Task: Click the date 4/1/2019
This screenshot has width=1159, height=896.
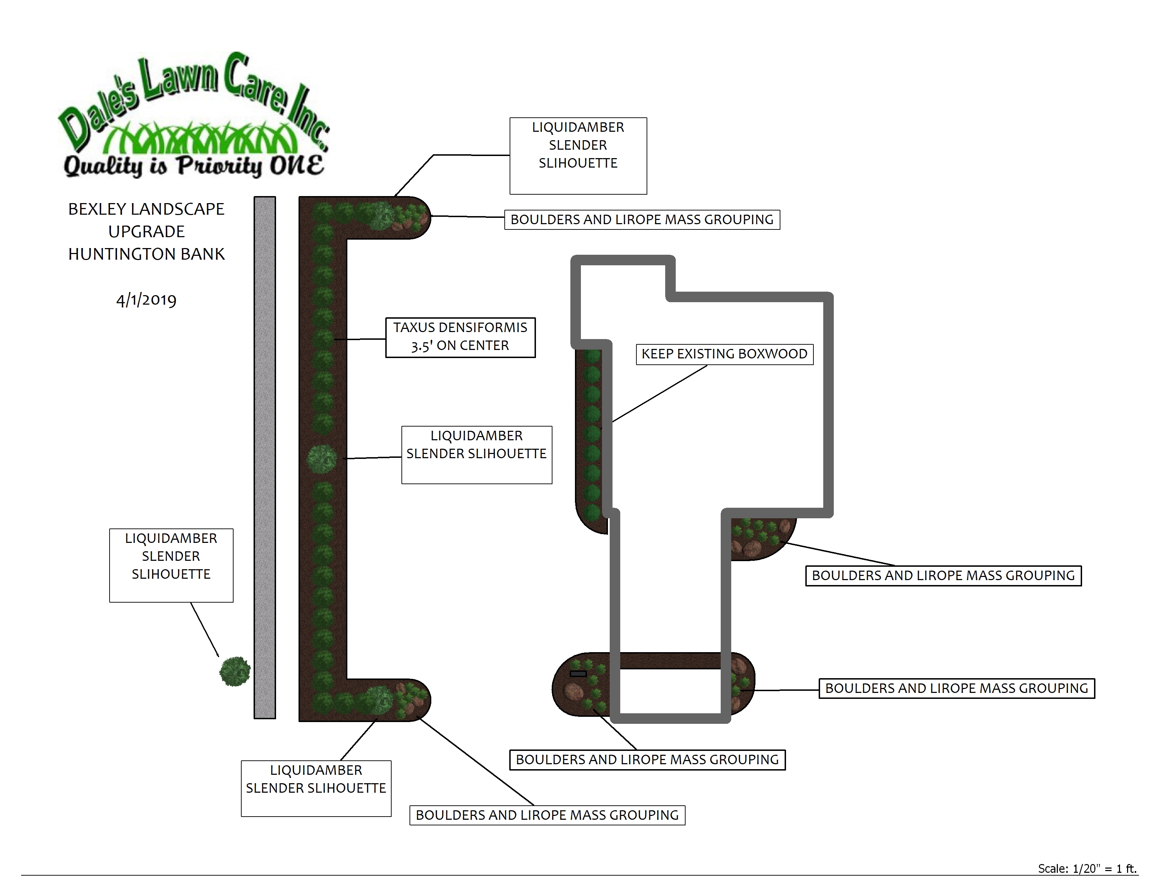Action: (x=146, y=300)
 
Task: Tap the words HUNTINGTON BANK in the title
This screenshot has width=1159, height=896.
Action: (x=146, y=254)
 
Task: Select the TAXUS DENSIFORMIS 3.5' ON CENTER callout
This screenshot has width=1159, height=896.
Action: (x=460, y=337)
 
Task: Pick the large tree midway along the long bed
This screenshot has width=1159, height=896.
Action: (x=322, y=458)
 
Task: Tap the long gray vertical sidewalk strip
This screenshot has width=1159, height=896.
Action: (x=265, y=456)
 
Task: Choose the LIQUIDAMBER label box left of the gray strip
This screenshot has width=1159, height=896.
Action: (x=171, y=564)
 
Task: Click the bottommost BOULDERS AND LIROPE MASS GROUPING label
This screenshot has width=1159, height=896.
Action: (x=547, y=815)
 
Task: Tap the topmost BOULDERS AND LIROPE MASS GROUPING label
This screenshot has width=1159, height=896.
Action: (x=642, y=220)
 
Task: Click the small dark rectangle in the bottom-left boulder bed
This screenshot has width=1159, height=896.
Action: (x=578, y=674)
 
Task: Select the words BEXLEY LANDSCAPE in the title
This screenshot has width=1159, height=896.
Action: (x=146, y=209)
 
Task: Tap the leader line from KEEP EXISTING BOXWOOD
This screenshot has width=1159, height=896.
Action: (x=660, y=394)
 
